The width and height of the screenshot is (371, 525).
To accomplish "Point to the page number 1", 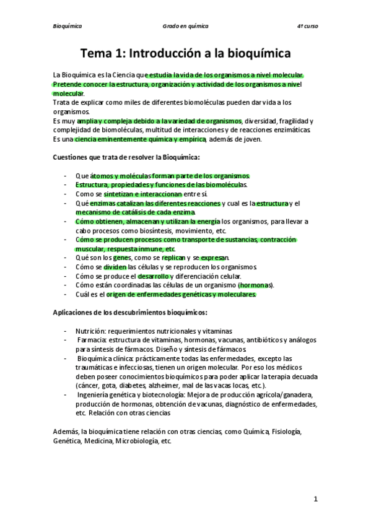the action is pyautogui.click(x=315, y=498).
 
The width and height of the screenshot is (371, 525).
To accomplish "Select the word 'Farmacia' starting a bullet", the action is pyautogui.click(x=92, y=340).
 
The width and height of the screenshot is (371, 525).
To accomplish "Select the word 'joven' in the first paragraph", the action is pyautogui.click(x=250, y=139).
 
